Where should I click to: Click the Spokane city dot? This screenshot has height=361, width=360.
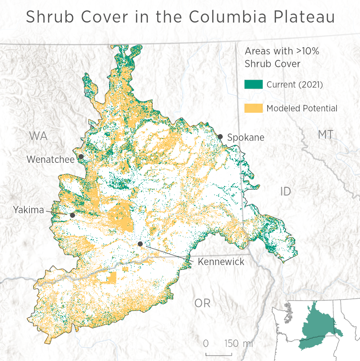pyautogui.click(x=220, y=136)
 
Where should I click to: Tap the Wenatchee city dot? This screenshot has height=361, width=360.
pyautogui.click(x=81, y=156)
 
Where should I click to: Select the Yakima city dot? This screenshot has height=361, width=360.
pyautogui.click(x=72, y=215)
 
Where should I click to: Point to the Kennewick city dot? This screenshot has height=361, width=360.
pyautogui.click(x=140, y=244)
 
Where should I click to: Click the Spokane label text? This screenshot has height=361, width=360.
pyautogui.click(x=245, y=137)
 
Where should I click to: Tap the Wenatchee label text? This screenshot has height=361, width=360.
pyautogui.click(x=50, y=160)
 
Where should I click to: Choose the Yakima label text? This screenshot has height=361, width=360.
pyautogui.click(x=28, y=210)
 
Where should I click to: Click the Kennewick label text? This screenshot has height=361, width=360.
pyautogui.click(x=220, y=262)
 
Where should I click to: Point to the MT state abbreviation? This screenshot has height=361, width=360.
pyautogui.click(x=325, y=135)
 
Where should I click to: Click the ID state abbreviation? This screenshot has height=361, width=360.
pyautogui.click(x=285, y=191)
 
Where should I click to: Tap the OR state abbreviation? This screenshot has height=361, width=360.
pyautogui.click(x=202, y=303)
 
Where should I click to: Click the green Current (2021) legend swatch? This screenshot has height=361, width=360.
pyautogui.click(x=254, y=84)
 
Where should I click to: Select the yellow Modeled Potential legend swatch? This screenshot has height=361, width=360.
pyautogui.click(x=254, y=108)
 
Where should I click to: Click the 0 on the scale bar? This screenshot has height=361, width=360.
pyautogui.click(x=206, y=343)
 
